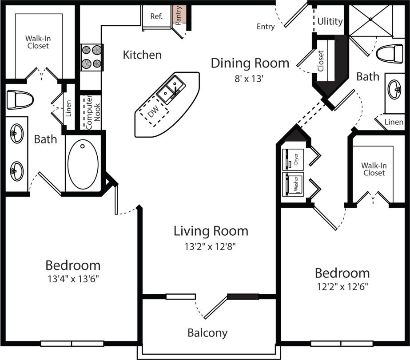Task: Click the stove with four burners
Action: click(92, 57)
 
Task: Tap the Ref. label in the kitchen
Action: click(156, 16)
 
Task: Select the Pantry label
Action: click(179, 15)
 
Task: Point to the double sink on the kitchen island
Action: click(171, 87)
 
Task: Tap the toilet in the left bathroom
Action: click(20, 99)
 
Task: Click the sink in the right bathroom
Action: click(395, 90)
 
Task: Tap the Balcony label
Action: click(207, 332)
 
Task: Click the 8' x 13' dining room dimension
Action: click(250, 79)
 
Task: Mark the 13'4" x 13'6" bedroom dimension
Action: click(73, 279)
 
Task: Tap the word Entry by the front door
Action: click(266, 27)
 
